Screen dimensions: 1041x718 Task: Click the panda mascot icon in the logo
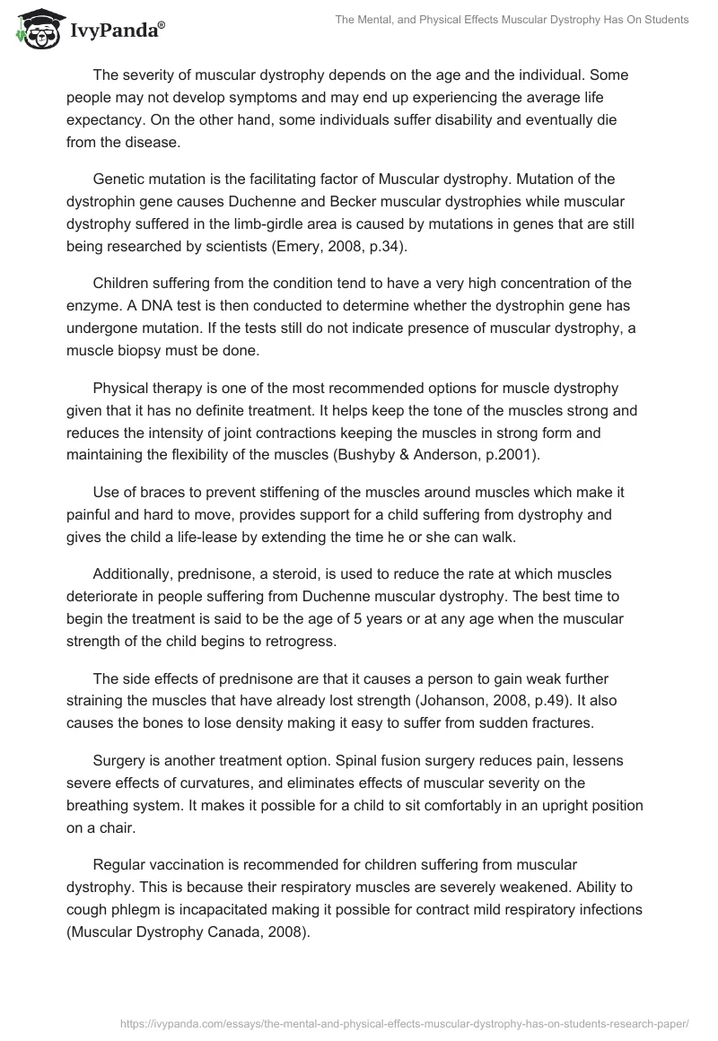coord(32,29)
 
